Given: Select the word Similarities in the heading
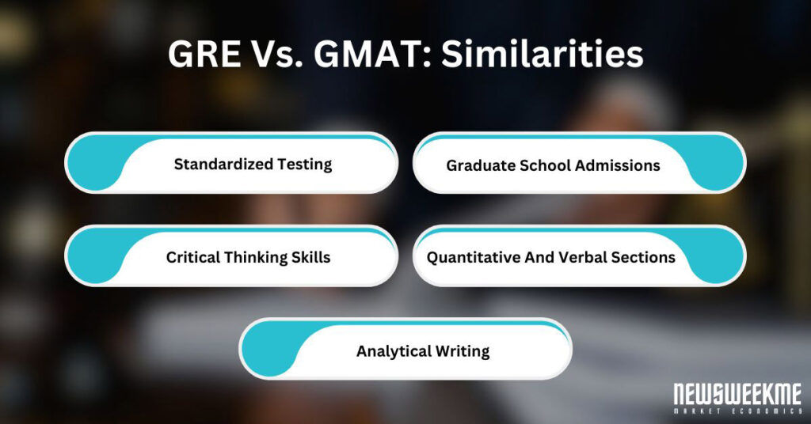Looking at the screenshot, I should (x=542, y=55).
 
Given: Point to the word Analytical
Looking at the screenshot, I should (x=391, y=351).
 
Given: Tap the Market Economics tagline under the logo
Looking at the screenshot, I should (x=737, y=411).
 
